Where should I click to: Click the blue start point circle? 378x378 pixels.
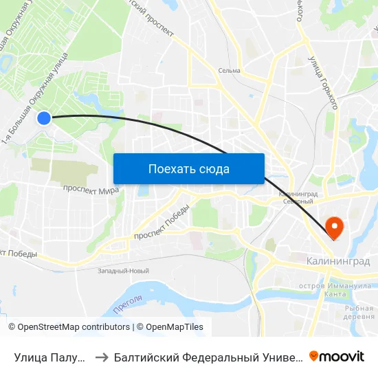[43, 118]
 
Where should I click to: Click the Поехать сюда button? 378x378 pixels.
[189, 169]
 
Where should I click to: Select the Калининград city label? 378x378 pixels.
[337, 262]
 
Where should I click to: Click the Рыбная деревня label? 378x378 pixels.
[359, 312]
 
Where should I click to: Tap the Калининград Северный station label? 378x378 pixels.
[297, 198]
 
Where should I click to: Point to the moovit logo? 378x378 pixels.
[337, 356]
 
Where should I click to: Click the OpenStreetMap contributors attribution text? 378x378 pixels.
[69, 327]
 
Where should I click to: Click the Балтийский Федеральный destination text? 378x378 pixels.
[206, 357]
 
